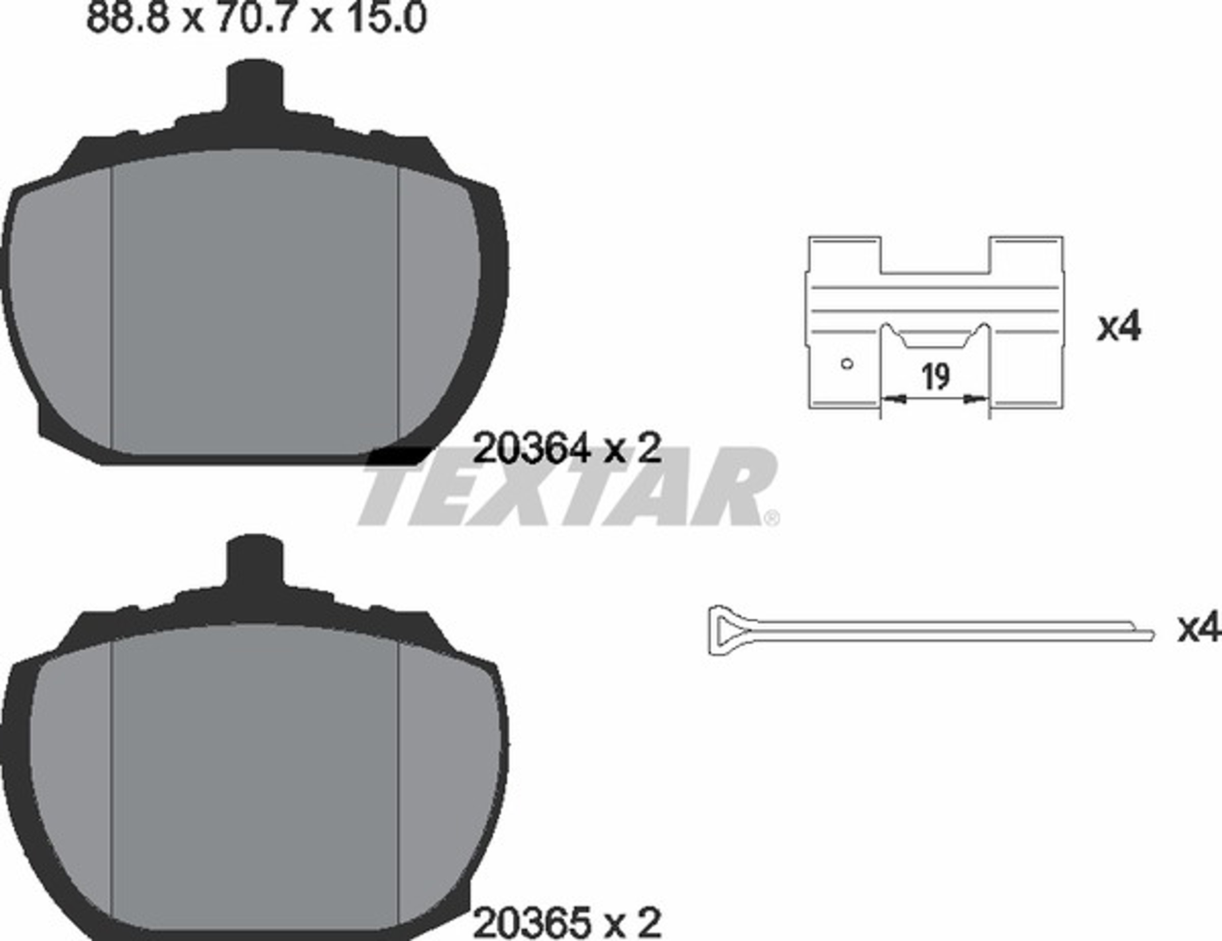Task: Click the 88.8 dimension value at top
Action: pos(128,18)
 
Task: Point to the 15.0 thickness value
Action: pos(386,18)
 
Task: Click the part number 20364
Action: pos(532,448)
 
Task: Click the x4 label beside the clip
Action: pos(1119,327)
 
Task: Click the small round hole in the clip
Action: pos(847,364)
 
